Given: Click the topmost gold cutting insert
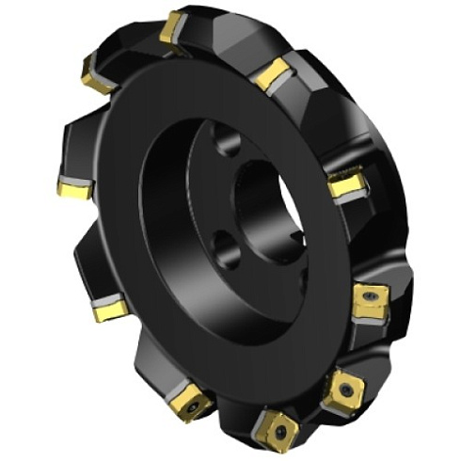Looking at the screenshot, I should pos(172,27).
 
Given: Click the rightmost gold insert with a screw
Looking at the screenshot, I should pos(368,303).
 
